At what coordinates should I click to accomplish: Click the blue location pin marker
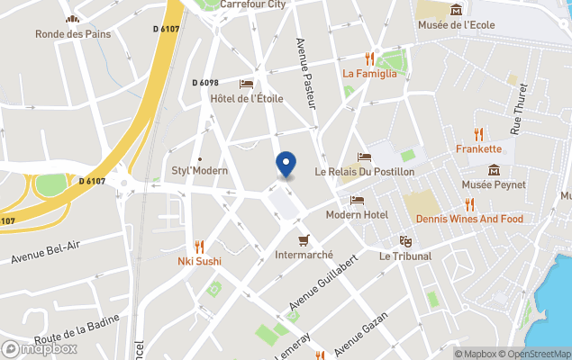[x=286, y=165]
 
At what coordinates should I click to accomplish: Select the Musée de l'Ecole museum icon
[x=457, y=10]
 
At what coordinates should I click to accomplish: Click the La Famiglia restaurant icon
[x=369, y=58]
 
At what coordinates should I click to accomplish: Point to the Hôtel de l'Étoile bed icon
[x=246, y=84]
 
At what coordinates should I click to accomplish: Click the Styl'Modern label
[x=200, y=170]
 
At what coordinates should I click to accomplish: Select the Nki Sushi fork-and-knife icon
[x=199, y=247]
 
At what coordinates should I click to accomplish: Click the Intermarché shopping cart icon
[x=304, y=240]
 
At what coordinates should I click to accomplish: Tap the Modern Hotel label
[x=357, y=214]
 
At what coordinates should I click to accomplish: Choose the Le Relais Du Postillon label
[x=364, y=171]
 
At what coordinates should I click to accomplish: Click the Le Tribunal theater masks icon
[x=405, y=241]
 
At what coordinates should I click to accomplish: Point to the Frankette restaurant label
[x=478, y=148]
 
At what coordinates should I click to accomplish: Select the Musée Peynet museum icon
[x=494, y=170]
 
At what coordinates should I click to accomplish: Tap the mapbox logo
[x=40, y=348]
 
